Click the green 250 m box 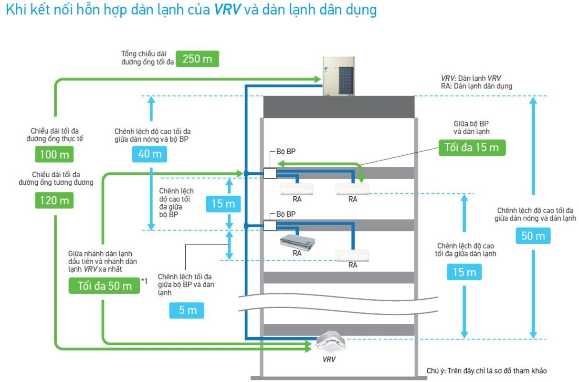pyautogui.click(x=197, y=59)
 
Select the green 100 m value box pyautogui.click(x=54, y=154)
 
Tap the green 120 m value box pyautogui.click(x=54, y=200)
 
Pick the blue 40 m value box pyautogui.click(x=150, y=154)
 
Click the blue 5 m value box pyautogui.click(x=187, y=310)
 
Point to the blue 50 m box pyautogui.click(x=533, y=235)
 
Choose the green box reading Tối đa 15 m pyautogui.click(x=472, y=148)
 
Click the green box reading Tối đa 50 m pyautogui.click(x=105, y=286)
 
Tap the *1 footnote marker pyautogui.click(x=145, y=281)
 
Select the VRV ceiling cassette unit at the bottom pyautogui.click(x=332, y=341)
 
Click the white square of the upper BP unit pyautogui.click(x=270, y=173)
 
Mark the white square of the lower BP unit pyautogui.click(x=270, y=225)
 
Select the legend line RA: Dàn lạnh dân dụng pyautogui.click(x=476, y=86)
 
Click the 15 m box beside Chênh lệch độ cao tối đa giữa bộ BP pyautogui.click(x=223, y=204)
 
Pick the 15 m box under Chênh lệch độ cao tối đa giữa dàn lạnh pyautogui.click(x=464, y=272)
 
